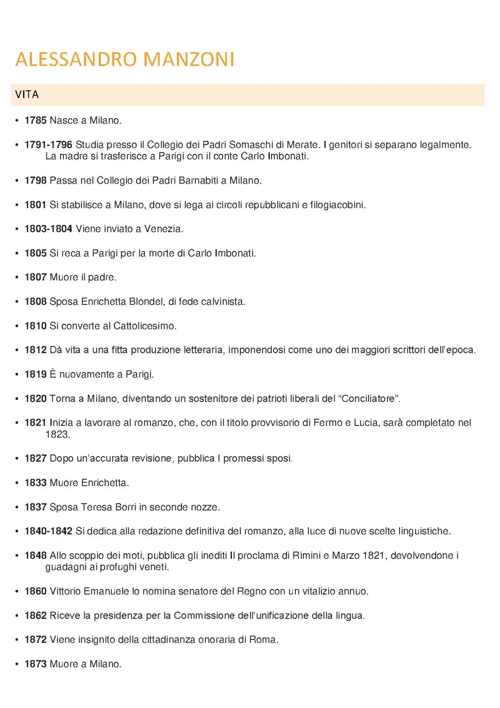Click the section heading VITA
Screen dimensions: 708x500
tap(27, 95)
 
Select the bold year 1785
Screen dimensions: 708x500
tap(36, 120)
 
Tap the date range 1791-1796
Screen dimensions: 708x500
tap(49, 145)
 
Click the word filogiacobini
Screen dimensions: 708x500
tap(337, 205)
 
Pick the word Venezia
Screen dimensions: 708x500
tap(163, 229)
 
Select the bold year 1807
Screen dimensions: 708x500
tap(36, 277)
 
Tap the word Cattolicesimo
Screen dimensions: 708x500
tap(144, 326)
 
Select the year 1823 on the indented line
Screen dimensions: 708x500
tap(57, 435)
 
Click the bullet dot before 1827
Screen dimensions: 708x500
tap(17, 459)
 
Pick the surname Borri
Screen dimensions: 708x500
tap(125, 507)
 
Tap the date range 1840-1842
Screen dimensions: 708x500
tap(49, 531)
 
